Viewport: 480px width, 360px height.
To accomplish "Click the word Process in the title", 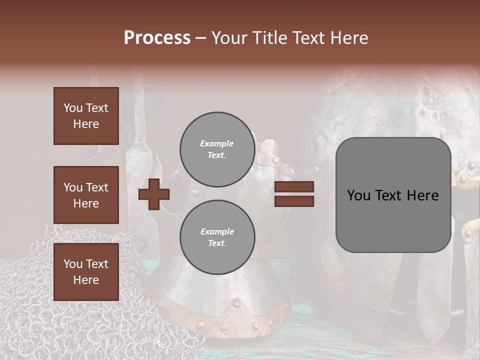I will (x=157, y=38).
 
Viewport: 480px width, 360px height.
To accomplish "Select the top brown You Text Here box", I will (x=86, y=116).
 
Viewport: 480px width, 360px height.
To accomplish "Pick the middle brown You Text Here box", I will (x=86, y=195).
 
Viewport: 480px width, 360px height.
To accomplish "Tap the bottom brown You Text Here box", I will (x=86, y=272).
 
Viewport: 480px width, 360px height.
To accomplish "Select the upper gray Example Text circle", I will (x=217, y=149).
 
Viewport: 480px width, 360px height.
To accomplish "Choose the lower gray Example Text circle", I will (x=217, y=237).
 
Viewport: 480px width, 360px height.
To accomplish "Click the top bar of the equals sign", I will (x=294, y=187).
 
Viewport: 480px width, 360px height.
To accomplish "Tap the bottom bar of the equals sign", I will (x=294, y=201).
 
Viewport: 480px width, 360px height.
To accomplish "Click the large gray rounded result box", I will (x=393, y=220).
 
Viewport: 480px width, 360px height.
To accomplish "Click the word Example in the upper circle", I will (x=217, y=143).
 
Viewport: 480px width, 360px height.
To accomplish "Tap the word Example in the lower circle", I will (x=217, y=231).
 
